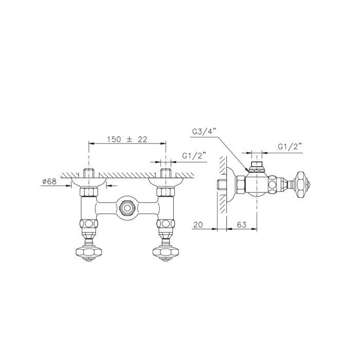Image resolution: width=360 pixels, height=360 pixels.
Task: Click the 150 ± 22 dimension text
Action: coord(127,139)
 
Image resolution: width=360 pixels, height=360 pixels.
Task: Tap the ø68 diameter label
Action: coord(49,182)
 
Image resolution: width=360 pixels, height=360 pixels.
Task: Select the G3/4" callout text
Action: coord(204,132)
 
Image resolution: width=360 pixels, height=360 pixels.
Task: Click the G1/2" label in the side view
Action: coord(290,147)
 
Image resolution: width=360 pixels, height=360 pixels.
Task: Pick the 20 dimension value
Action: coord(198,225)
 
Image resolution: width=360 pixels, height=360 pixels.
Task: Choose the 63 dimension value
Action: coord(242,225)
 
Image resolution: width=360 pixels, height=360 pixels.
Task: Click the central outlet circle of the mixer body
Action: coord(127,208)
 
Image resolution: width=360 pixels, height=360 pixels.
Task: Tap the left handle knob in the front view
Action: coord(88,253)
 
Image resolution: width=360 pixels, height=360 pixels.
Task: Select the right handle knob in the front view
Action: coord(166,253)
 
